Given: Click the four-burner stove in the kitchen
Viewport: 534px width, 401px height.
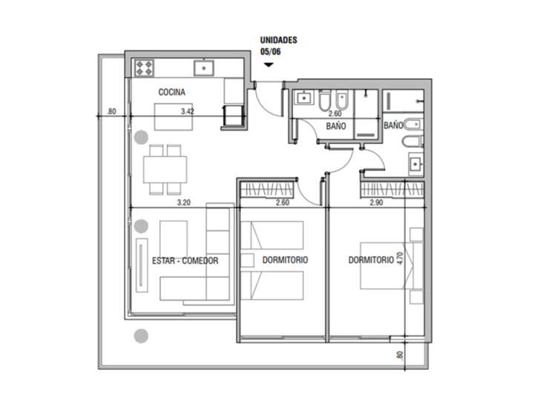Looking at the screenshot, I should pos(143,68).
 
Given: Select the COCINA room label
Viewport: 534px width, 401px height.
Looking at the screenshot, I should pos(171,92).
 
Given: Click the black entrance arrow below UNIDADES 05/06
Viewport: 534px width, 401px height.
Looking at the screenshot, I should pos(268,65).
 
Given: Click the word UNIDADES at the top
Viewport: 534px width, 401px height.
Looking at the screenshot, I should pos(279,40).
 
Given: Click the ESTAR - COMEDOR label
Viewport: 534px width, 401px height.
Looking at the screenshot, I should pos(185,261).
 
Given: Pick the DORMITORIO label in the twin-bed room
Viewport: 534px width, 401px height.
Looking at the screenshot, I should pos(285,261).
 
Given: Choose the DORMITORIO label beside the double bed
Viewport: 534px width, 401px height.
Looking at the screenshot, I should pos(371,261).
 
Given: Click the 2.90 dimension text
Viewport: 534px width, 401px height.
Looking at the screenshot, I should pos(377,202).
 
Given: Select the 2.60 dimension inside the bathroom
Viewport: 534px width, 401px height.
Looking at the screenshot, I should pos(334,114).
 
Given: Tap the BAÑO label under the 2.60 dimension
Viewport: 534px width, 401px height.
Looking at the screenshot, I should pos(336,127).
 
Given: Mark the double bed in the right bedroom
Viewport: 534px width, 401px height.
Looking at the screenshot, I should pos(383,265).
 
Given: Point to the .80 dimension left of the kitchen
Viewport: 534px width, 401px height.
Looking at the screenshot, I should pos(112,112).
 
